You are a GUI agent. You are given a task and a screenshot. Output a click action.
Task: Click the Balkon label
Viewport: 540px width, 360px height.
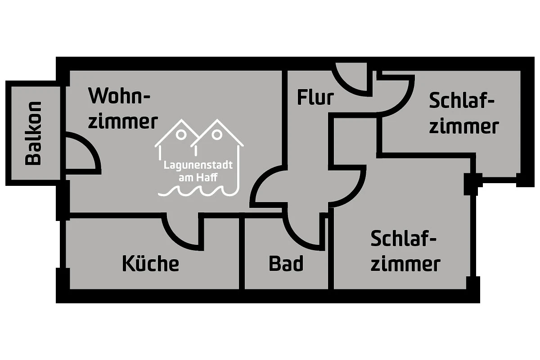point(34,133)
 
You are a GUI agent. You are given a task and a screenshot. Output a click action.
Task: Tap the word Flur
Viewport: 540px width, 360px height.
point(315,97)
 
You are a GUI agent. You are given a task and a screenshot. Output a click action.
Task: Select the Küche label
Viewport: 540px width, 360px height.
point(150,264)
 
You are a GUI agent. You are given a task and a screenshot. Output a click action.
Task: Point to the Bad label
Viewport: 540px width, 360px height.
point(286,264)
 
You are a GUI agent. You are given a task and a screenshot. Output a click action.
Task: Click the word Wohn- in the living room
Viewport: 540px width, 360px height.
point(119,96)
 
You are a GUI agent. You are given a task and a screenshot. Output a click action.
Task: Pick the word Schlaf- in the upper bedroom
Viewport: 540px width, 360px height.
point(462,100)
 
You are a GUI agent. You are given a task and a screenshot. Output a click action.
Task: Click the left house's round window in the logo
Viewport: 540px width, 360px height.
point(181,134)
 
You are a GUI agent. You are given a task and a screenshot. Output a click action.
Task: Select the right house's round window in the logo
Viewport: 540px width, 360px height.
point(217,134)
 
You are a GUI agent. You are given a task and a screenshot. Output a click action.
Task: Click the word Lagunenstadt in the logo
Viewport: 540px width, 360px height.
point(198,165)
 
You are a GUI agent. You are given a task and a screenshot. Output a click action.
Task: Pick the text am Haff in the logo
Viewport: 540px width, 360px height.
point(198,178)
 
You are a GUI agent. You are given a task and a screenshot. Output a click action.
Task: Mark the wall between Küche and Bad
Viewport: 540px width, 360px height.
point(242,254)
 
